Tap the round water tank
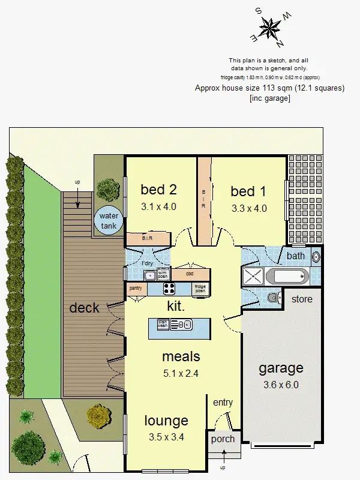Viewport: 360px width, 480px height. pos(109,220)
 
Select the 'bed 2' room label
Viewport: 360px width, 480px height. pos(158,190)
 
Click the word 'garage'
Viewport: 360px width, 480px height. pos(280,368)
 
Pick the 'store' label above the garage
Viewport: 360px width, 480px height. pos(302,299)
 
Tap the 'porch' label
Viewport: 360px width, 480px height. pos(223,439)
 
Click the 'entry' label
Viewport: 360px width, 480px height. pos(223,403)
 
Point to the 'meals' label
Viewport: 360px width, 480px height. pos(181,356)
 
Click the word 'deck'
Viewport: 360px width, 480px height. pos(84,308)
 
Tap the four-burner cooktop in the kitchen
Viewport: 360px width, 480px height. pos(170,289)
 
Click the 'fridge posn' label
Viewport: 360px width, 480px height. pos(200,289)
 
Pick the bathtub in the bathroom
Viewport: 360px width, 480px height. pos(287,277)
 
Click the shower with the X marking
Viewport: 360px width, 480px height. pos(253,277)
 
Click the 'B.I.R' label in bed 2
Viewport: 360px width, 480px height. pos(147,238)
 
